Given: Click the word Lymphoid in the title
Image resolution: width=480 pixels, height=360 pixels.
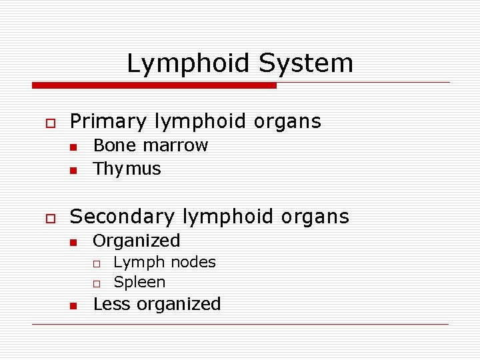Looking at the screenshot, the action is (189, 64).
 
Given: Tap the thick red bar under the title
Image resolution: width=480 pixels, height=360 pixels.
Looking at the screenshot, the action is (154, 85).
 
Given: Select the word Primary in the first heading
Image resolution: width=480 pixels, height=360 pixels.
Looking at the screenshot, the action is (108, 121).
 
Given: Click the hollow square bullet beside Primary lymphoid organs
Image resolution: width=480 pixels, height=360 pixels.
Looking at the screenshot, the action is (49, 123).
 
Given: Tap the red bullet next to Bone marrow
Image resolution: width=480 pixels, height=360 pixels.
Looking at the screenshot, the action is (74, 147).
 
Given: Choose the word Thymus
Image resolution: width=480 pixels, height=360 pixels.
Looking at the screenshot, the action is (127, 169).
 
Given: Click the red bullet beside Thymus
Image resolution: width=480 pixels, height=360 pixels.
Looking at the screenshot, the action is (74, 170).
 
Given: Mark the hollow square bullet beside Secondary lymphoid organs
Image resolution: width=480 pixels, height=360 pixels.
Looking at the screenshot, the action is (49, 218).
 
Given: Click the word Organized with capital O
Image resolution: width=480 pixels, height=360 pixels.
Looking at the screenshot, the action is (137, 241).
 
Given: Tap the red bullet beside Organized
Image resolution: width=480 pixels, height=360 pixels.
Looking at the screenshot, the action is (74, 241).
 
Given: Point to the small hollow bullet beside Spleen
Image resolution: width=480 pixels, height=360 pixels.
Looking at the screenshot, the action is (97, 283).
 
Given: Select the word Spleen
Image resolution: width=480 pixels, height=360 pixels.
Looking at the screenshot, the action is (139, 283).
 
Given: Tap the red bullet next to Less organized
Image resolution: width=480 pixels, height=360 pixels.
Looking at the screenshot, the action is (74, 305).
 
